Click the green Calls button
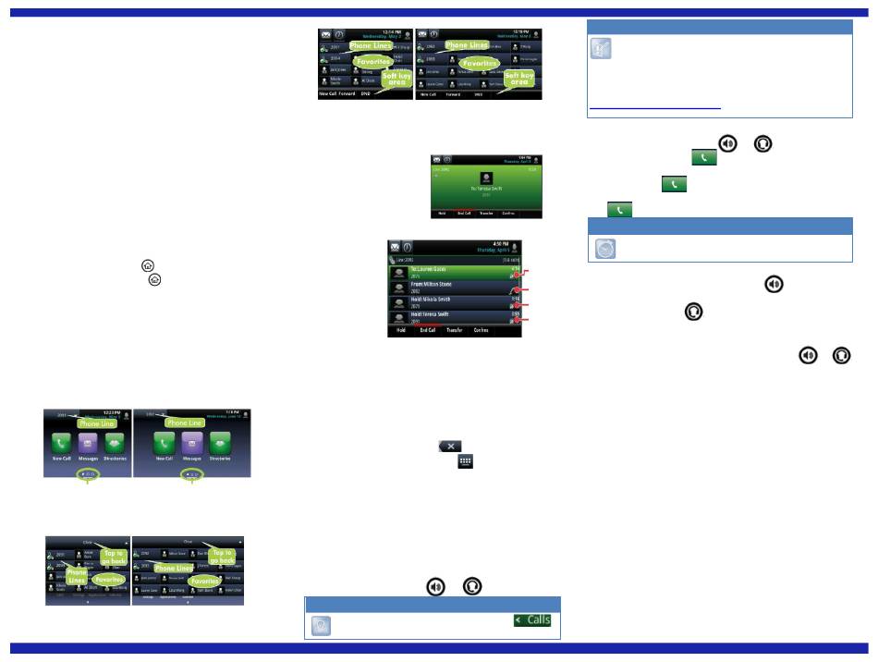point(532,619)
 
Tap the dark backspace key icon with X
point(449,446)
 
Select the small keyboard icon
point(465,460)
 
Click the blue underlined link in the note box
point(654,108)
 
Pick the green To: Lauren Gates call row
point(453,273)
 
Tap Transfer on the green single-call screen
point(486,213)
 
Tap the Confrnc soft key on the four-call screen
point(482,330)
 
